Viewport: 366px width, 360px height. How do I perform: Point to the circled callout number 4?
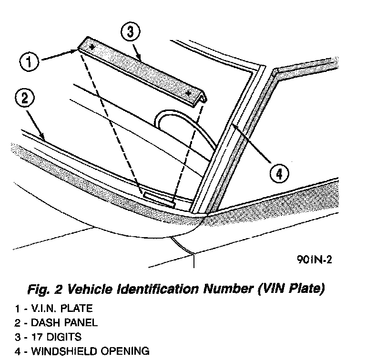tap(279, 173)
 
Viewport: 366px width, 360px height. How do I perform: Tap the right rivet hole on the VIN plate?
tap(189, 92)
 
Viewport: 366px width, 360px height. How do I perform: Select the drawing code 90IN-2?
tap(314, 260)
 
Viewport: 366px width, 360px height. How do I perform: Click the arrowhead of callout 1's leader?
tap(77, 49)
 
